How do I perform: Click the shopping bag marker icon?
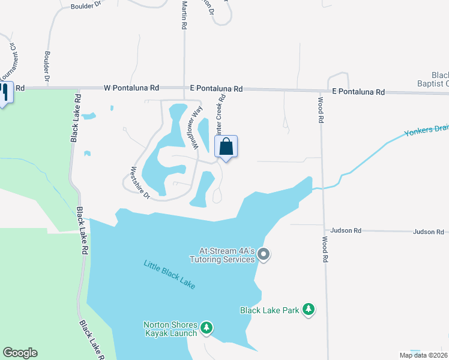point(226,146)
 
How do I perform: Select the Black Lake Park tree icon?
point(309,310)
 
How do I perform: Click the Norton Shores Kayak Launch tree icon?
point(206,328)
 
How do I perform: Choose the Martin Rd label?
point(184,16)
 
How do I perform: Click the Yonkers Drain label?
point(426,133)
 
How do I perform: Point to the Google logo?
point(20,353)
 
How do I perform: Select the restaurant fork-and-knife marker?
point(4,92)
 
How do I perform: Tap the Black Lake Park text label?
point(270,310)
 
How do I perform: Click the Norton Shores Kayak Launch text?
point(170,329)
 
